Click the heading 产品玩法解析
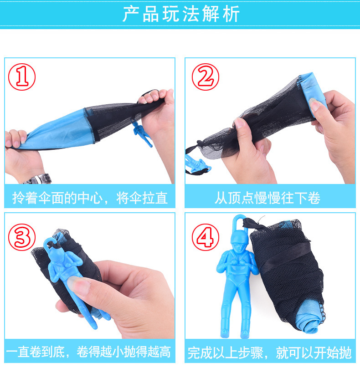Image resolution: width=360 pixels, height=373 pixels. click(x=181, y=14)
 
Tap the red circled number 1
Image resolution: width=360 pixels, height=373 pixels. click(x=22, y=77)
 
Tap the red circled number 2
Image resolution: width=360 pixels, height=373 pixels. click(x=206, y=77)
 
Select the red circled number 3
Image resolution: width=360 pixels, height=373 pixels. click(x=22, y=237)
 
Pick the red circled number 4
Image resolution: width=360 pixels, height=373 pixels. click(x=206, y=237)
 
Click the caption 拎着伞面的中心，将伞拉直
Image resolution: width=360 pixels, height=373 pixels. click(x=90, y=198)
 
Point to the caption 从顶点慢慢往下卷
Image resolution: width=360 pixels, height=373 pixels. click(x=267, y=198)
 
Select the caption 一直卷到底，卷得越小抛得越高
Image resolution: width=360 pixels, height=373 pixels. click(x=88, y=352)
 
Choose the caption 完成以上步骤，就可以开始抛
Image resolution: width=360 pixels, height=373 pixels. click(x=269, y=353)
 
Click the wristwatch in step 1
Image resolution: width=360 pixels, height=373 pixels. click(x=38, y=179)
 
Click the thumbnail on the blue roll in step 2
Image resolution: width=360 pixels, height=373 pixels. click(x=314, y=105)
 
